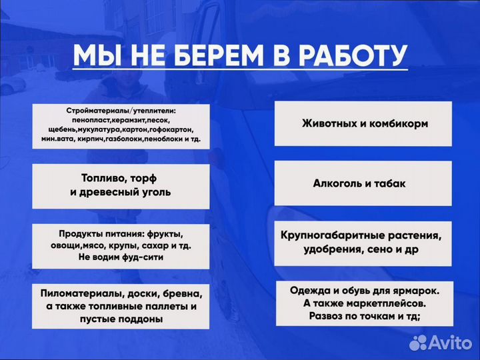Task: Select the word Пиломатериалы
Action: [82, 293]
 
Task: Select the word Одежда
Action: [309, 291]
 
